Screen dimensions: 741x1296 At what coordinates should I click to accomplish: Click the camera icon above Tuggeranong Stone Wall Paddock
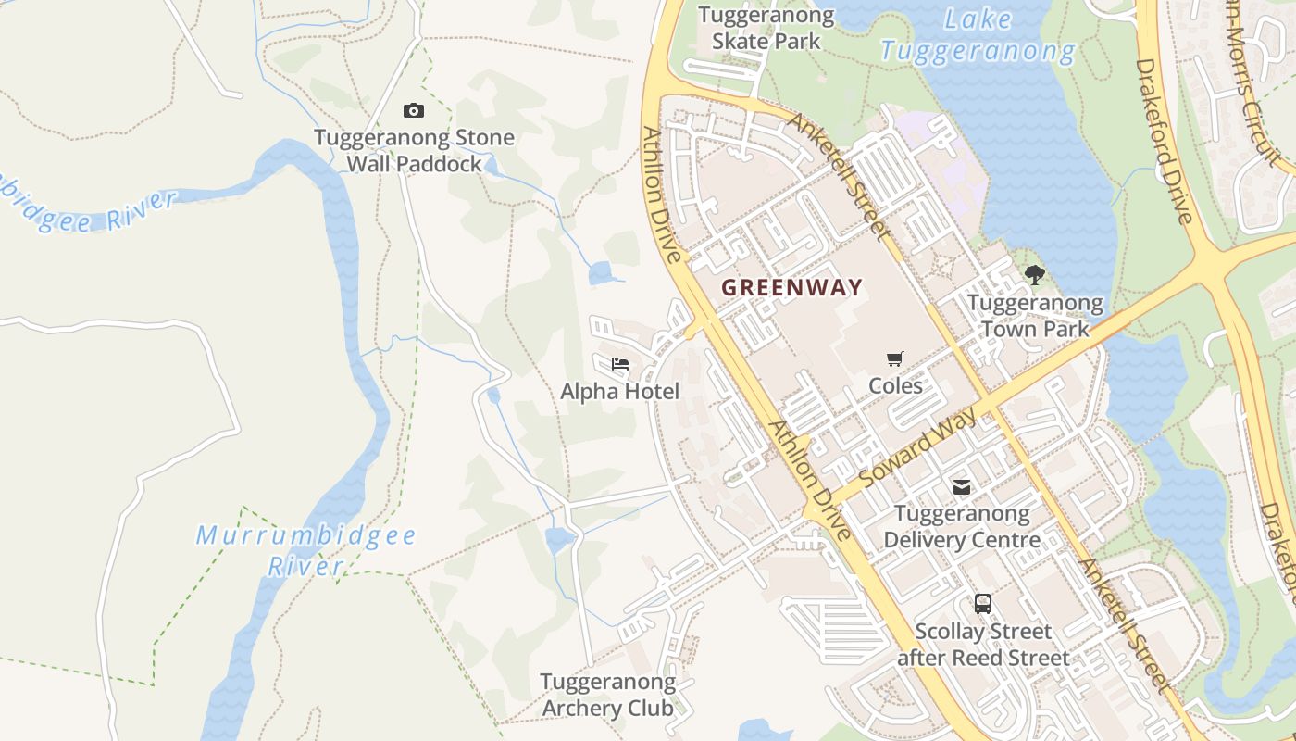point(414,111)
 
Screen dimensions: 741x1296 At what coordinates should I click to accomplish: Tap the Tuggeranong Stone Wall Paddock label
point(414,151)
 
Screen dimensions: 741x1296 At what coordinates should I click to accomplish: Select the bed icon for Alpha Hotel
point(620,364)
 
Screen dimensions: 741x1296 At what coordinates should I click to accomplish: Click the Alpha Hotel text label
point(619,392)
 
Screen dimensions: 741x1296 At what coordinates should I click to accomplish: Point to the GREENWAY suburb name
point(791,288)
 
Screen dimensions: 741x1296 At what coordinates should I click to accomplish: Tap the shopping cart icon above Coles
point(895,358)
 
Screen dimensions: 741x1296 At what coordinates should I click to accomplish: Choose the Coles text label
point(895,385)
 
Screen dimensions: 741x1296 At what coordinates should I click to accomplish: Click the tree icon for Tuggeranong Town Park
point(1035,274)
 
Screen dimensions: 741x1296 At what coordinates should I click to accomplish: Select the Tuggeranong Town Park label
point(1035,316)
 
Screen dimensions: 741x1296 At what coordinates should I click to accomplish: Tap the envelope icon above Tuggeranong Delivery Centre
point(962,486)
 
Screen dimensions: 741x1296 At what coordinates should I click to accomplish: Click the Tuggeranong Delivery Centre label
point(962,526)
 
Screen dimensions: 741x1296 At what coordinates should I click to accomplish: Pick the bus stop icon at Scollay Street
point(983,604)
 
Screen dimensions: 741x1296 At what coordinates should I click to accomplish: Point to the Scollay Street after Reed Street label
point(983,645)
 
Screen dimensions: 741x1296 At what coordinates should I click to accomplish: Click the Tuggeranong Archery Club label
point(607,695)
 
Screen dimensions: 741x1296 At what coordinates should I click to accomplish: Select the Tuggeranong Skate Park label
point(766,28)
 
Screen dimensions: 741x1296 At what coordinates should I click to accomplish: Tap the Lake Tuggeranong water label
point(978,35)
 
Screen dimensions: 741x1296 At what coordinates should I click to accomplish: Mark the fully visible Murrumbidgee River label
point(305,550)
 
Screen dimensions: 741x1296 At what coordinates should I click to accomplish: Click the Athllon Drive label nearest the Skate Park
point(663,195)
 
